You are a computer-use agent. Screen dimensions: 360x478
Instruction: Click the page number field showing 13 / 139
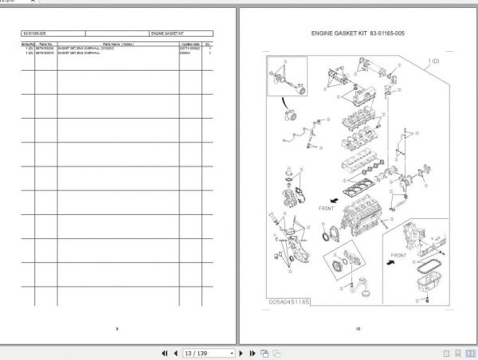204,353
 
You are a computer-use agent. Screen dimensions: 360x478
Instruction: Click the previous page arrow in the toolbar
175,353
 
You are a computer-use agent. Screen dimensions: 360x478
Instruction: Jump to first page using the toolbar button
165,353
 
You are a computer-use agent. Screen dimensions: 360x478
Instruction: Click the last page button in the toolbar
253,353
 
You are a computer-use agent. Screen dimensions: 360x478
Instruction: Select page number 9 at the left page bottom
117,328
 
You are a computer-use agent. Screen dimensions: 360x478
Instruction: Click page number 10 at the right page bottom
358,328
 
